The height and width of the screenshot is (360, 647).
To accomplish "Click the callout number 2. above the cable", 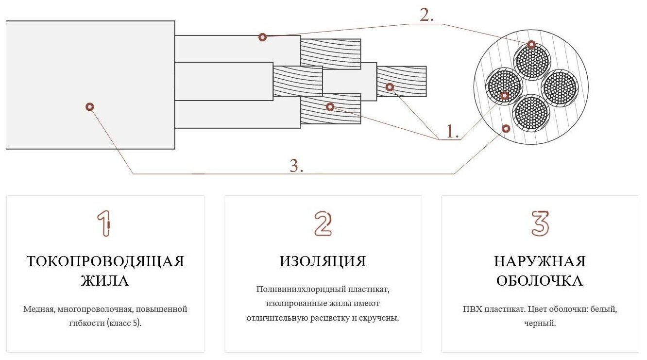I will [x=426, y=16].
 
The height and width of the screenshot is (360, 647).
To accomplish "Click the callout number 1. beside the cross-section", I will [x=452, y=131].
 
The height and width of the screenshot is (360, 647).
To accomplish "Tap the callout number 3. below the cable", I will [x=296, y=166].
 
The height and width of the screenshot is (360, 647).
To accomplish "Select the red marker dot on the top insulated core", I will [x=262, y=37].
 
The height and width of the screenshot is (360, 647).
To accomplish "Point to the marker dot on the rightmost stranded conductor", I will [x=389, y=87].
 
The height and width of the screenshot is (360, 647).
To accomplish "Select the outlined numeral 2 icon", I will [x=323, y=223].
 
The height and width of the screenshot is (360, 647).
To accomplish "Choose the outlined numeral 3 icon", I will [x=540, y=223].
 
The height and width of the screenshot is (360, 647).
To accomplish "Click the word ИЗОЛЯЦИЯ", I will [x=323, y=261].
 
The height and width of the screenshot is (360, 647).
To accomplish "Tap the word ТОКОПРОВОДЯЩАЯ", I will [x=105, y=261].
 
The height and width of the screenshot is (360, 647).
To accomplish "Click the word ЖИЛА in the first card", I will [x=105, y=281].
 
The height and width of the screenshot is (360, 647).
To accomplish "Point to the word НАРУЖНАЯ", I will [x=540, y=261].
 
